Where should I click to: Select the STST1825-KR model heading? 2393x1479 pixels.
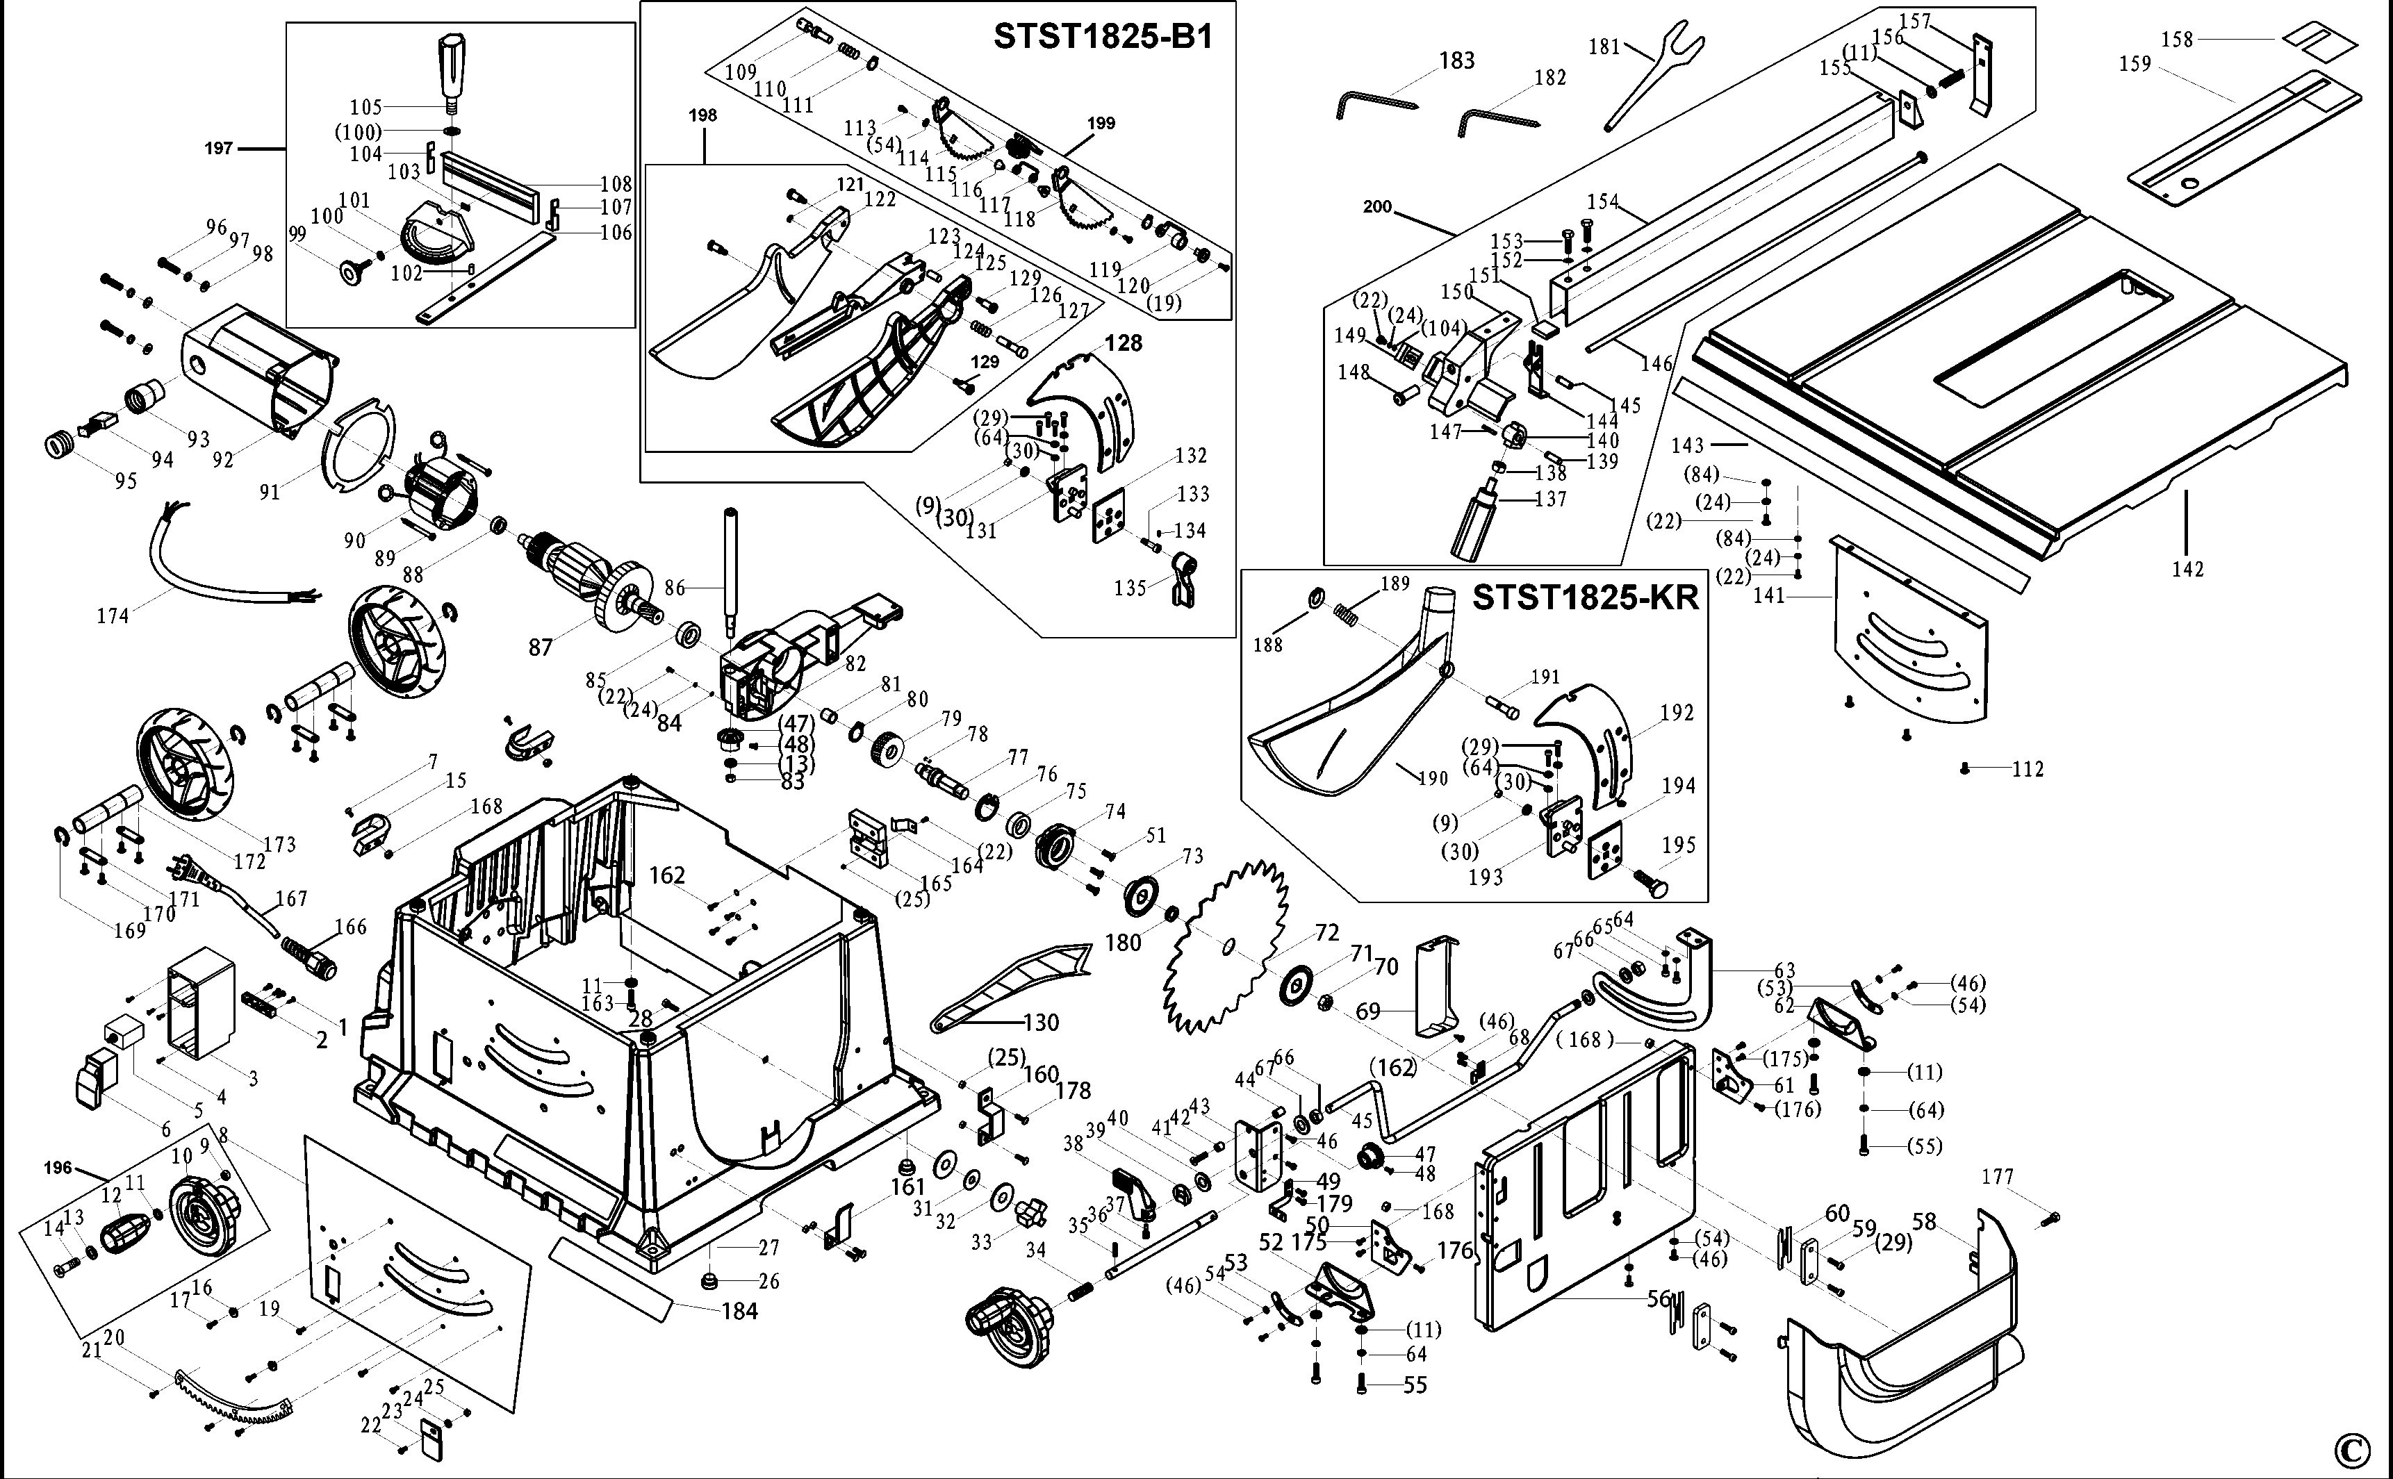[1585, 597]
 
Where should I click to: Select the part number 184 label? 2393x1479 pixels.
[739, 1311]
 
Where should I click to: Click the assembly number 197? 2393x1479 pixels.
[218, 148]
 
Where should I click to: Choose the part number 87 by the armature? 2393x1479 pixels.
[540, 647]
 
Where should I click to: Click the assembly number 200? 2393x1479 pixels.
[1377, 206]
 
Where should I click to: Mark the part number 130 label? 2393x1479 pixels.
[1041, 1022]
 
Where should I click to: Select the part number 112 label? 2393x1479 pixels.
[2028, 769]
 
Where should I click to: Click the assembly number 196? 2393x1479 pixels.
[58, 1168]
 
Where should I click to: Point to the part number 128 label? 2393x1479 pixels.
[1123, 342]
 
